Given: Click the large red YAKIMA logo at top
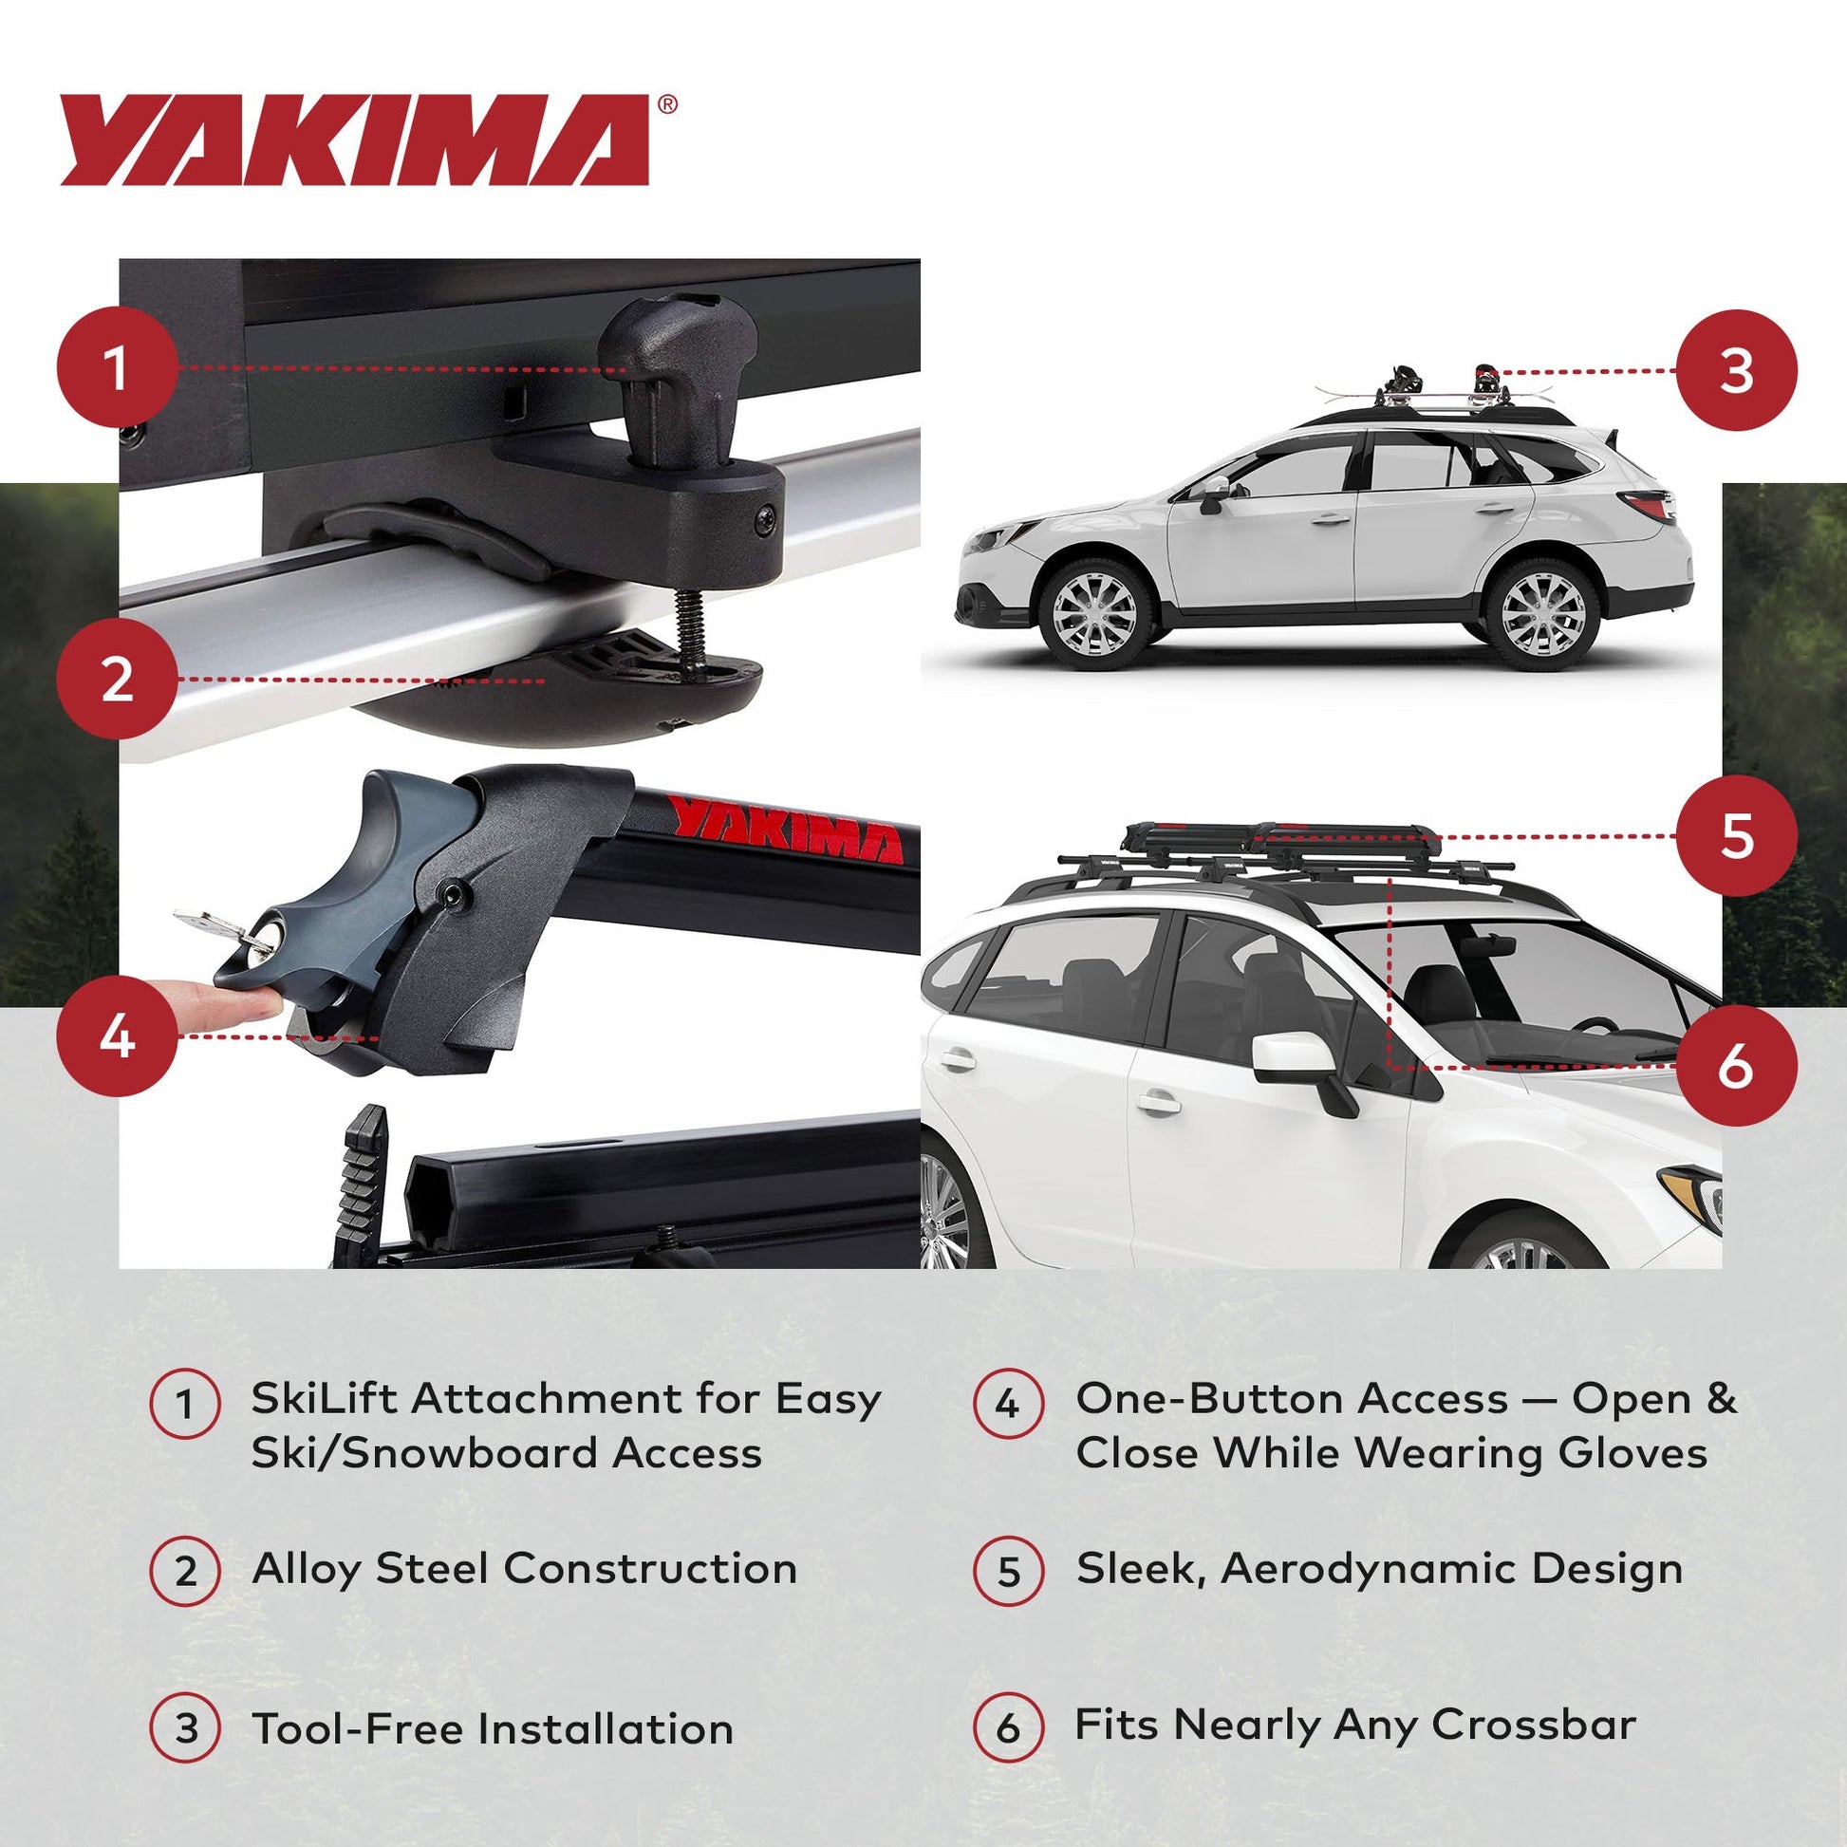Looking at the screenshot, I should (x=354, y=140).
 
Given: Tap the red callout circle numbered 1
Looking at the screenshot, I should (x=118, y=367).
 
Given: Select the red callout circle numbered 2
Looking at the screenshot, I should (x=118, y=680).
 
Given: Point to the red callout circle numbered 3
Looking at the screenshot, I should (x=1736, y=371).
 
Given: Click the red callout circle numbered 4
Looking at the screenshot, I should (x=118, y=1035).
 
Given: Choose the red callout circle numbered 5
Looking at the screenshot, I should (x=1736, y=835).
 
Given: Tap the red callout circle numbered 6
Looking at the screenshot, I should (x=1736, y=1065).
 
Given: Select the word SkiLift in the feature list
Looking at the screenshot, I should (x=323, y=1399).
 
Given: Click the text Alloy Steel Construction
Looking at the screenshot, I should (x=524, y=1569).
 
